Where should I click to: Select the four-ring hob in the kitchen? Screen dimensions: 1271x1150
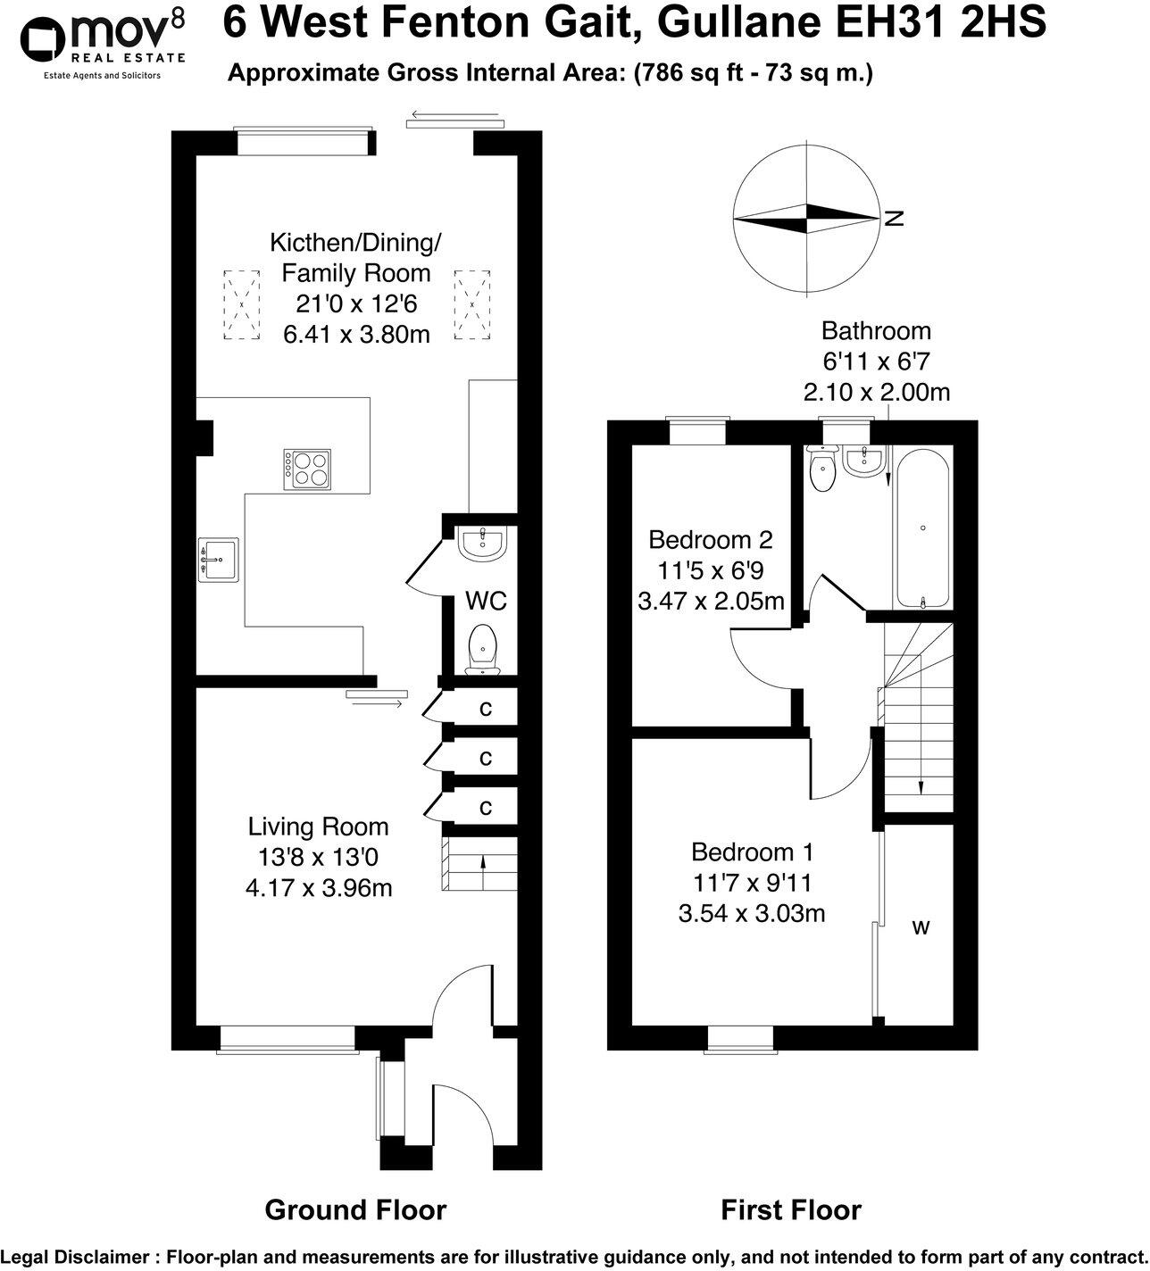(x=307, y=469)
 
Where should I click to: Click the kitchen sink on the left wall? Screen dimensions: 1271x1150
(x=217, y=560)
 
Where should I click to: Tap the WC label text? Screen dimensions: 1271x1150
(x=486, y=601)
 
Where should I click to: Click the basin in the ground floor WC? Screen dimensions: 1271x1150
(x=482, y=544)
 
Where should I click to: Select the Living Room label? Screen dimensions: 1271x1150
(x=318, y=827)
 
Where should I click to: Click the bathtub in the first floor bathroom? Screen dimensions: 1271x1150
(x=922, y=528)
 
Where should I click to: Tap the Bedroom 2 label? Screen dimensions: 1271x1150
(x=711, y=539)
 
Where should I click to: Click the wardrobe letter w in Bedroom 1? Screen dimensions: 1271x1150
(x=921, y=927)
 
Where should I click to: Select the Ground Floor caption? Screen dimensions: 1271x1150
(x=355, y=1209)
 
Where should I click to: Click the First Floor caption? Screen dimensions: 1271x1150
(x=791, y=1209)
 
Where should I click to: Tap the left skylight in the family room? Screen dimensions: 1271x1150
(x=241, y=304)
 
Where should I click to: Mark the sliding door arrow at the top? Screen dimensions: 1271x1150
(x=454, y=114)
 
